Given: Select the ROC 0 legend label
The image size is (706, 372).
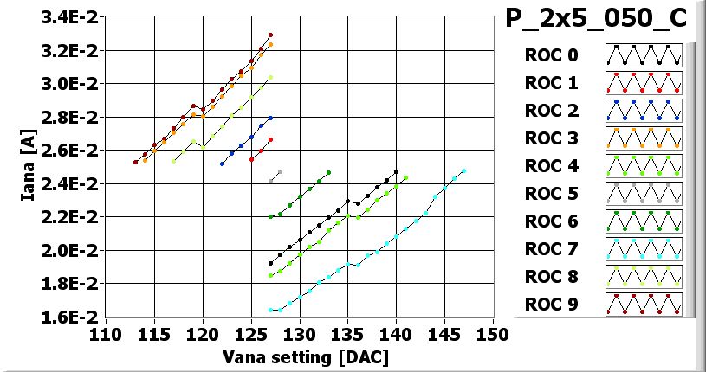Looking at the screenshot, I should click(551, 55).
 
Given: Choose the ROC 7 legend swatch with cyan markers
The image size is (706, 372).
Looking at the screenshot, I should click(644, 249).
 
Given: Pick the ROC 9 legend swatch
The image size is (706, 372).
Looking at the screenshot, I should click(644, 305).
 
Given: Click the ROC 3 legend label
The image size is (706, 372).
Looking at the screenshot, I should click(551, 138).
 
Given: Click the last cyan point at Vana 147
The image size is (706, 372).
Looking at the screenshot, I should click(463, 171).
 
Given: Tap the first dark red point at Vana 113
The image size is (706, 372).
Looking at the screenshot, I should click(135, 162).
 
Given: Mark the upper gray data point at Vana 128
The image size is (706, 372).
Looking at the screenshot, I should click(280, 171).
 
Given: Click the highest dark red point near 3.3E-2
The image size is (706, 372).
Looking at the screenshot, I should click(270, 35).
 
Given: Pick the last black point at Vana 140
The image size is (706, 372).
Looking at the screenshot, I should click(396, 171).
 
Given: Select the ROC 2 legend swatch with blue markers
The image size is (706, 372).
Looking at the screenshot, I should click(644, 111).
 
